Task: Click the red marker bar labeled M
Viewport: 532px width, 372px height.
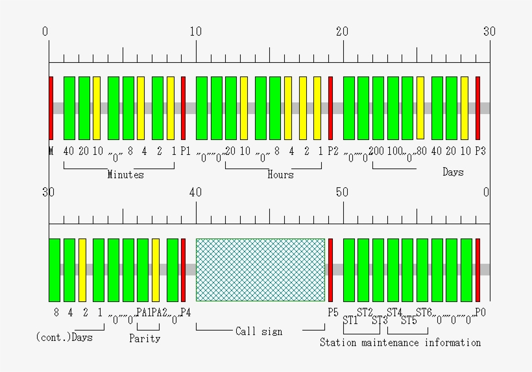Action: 51,108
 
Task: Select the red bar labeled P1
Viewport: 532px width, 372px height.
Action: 183,108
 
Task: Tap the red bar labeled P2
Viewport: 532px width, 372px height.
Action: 330,108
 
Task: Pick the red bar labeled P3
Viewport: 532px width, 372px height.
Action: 478,108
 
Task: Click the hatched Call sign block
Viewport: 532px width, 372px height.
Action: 260,270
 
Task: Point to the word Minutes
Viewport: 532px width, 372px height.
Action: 125,174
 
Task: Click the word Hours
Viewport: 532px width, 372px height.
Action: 280,174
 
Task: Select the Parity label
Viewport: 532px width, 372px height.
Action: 144,338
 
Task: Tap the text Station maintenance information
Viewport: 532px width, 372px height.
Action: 400,342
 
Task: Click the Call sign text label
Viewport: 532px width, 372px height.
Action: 259,331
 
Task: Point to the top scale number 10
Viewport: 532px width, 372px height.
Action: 195,31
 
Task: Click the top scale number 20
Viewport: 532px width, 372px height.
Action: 343,31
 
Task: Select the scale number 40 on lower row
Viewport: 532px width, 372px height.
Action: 195,192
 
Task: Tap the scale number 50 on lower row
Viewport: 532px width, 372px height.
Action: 343,192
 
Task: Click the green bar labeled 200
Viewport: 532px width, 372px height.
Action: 378,108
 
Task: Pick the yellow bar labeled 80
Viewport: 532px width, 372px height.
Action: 420,108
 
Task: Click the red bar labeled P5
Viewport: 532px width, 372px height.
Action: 330,270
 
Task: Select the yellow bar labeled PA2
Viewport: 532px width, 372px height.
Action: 156,270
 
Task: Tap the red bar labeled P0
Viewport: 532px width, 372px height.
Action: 478,270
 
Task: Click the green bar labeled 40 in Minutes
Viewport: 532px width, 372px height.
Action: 69,108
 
